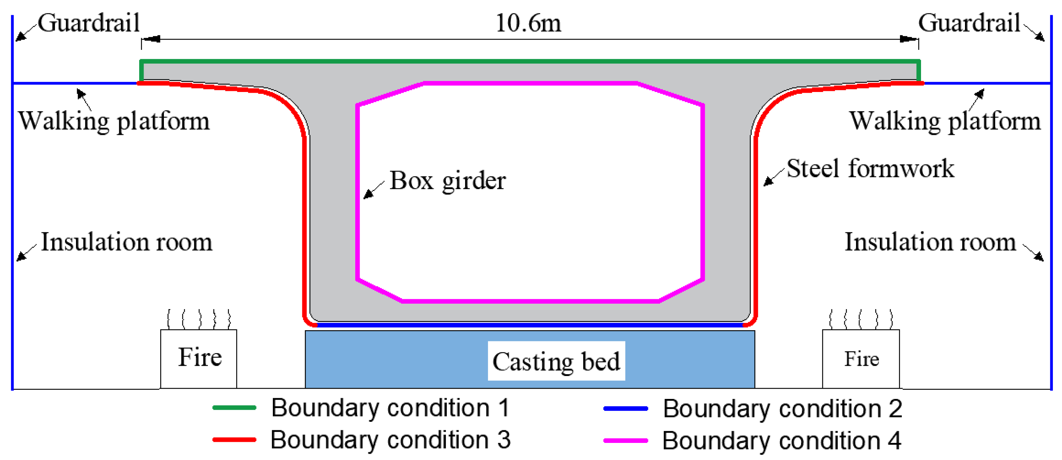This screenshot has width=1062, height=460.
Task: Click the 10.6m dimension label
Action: [x=528, y=23]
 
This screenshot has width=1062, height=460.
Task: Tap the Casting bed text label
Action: [x=556, y=362]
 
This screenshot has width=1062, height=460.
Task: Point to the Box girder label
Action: [x=448, y=181]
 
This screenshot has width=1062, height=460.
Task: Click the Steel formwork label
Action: [x=870, y=169]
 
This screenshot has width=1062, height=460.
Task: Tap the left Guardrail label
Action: [x=89, y=23]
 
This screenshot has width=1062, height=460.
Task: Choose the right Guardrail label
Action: [x=969, y=23]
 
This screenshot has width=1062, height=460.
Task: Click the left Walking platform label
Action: [x=114, y=121]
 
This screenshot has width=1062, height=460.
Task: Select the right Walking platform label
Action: [x=945, y=121]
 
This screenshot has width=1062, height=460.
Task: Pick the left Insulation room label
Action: [x=126, y=242]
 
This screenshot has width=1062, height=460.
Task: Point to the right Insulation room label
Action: [x=930, y=242]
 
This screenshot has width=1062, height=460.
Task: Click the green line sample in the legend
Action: [x=234, y=408]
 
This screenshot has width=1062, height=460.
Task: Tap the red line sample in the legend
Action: [x=234, y=440]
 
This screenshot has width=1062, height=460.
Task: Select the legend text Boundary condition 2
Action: [x=783, y=408]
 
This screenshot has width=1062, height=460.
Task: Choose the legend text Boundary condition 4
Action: [x=782, y=441]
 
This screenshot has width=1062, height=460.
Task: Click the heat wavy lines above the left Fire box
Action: [x=199, y=319]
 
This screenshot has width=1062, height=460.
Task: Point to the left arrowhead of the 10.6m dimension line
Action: [x=150, y=39]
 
